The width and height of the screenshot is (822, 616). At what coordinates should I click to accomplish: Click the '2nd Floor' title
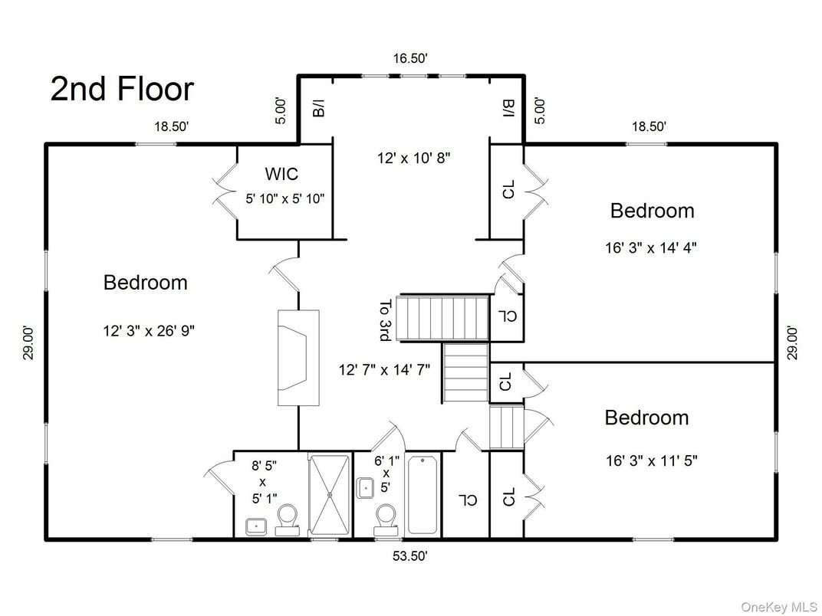click(122, 89)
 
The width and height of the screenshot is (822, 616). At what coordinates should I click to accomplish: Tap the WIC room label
click(281, 173)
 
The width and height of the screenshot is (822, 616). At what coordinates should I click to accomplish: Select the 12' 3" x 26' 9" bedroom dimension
click(149, 331)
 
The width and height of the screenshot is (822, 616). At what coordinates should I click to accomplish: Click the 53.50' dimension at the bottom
click(410, 555)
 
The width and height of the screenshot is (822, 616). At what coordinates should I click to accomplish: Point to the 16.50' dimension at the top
click(411, 58)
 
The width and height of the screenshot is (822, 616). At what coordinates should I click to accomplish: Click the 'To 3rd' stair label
click(385, 320)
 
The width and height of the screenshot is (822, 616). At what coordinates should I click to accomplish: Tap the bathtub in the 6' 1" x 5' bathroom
click(423, 494)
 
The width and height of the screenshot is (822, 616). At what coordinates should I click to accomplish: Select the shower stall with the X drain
click(330, 494)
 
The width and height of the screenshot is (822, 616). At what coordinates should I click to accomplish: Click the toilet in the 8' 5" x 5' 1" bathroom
click(288, 520)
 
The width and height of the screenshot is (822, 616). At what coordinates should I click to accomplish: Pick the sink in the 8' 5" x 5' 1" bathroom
click(257, 526)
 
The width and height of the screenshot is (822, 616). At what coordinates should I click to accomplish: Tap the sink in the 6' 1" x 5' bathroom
click(365, 488)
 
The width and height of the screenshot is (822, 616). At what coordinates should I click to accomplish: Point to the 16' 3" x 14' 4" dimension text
click(650, 247)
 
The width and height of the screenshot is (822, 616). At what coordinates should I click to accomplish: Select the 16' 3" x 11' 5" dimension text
click(651, 461)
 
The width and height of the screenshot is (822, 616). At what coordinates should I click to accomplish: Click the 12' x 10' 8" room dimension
click(413, 158)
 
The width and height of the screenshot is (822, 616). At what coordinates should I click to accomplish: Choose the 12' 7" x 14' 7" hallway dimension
click(384, 370)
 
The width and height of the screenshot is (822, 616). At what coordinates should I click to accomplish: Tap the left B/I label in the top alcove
click(318, 109)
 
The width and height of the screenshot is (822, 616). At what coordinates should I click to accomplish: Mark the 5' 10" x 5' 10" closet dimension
click(285, 199)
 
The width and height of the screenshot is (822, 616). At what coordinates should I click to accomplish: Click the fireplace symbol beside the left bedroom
click(298, 358)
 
